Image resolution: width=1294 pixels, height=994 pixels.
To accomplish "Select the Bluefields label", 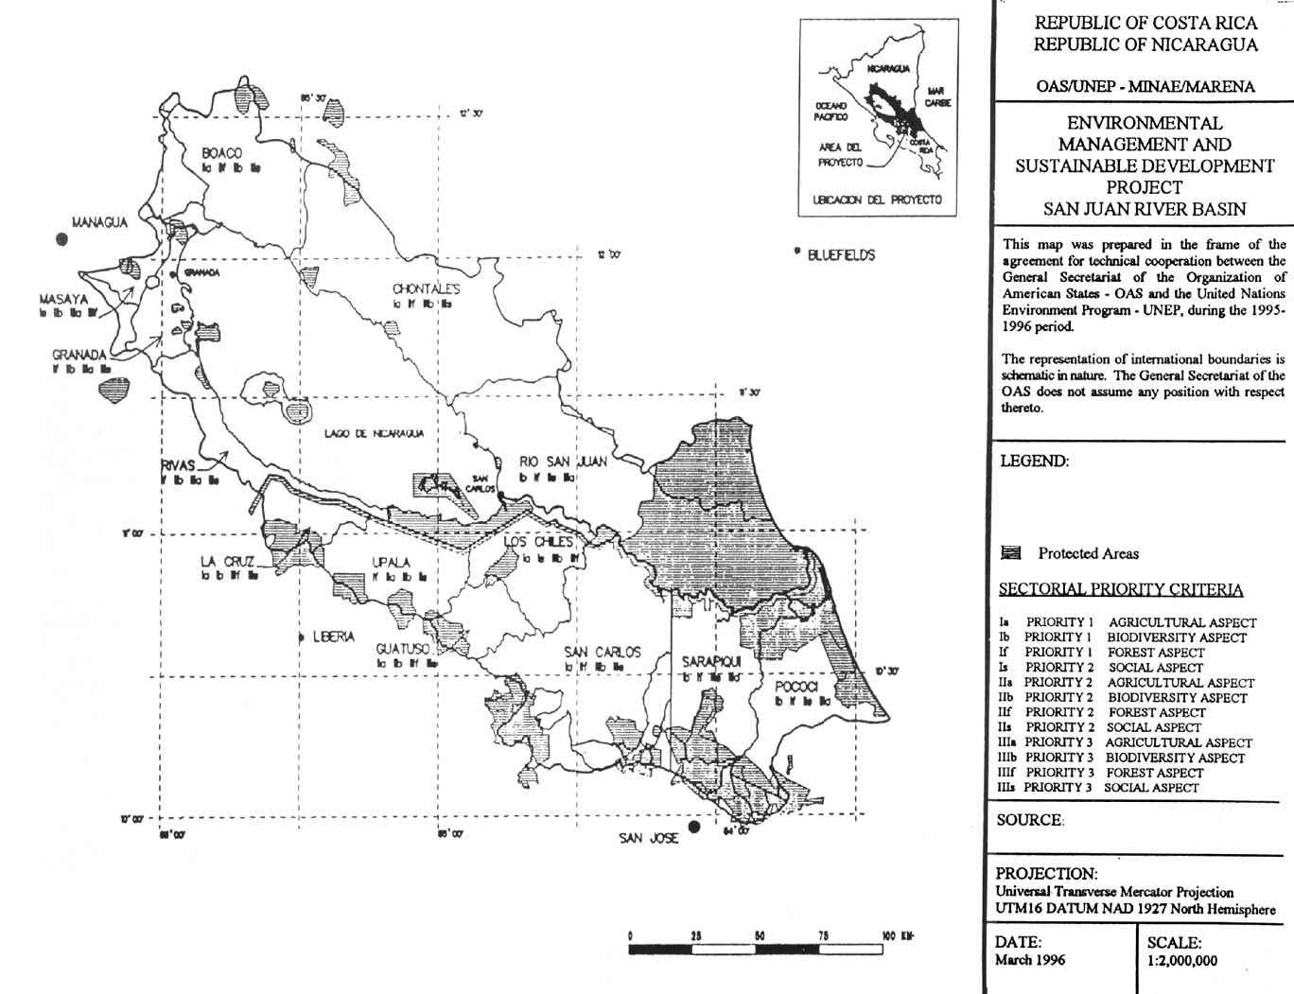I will (x=841, y=254).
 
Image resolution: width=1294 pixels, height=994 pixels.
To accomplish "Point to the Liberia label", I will (x=334, y=637).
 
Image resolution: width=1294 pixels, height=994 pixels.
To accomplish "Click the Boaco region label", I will (x=222, y=153).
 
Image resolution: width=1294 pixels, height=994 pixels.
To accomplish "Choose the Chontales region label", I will (x=426, y=288).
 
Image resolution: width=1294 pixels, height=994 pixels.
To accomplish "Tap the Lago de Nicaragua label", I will (x=374, y=433).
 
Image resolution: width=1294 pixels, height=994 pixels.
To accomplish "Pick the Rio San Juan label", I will (x=563, y=462).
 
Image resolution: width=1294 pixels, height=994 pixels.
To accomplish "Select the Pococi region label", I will (x=795, y=686).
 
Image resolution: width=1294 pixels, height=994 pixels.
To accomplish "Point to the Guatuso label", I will (x=404, y=649).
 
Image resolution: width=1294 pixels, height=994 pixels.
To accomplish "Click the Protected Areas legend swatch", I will (x=1010, y=553).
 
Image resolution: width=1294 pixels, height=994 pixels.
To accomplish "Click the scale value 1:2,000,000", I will (x=1181, y=961).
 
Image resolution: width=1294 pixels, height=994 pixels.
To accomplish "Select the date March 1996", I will (x=1030, y=959).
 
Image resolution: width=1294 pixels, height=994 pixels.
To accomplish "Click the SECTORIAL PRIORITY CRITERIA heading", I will (x=1121, y=590).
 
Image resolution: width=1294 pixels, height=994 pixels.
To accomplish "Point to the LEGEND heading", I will (x=1034, y=462).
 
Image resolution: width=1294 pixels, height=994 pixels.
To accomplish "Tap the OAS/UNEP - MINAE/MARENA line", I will (x=1145, y=87).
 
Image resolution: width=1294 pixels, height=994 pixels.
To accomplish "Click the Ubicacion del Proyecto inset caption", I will (x=877, y=201).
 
